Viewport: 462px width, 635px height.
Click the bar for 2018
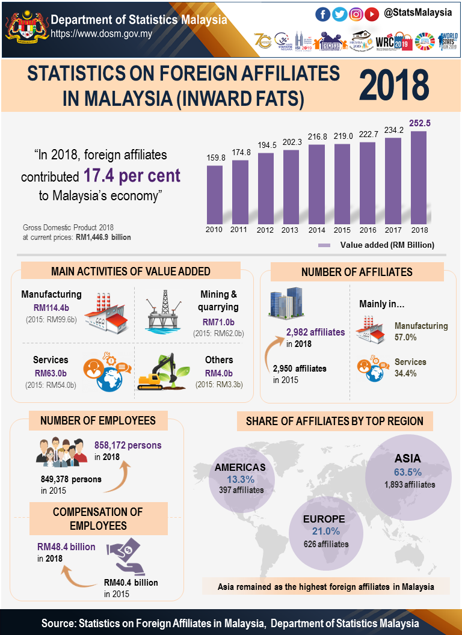(419, 177)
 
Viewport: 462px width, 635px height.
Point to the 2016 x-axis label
(369, 230)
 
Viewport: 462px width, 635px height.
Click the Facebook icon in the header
(323, 13)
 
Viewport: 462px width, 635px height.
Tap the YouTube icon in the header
(372, 13)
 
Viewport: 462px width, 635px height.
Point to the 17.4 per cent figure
(132, 176)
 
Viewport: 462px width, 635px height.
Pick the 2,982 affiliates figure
(315, 332)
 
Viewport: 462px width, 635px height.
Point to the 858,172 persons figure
(128, 446)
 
